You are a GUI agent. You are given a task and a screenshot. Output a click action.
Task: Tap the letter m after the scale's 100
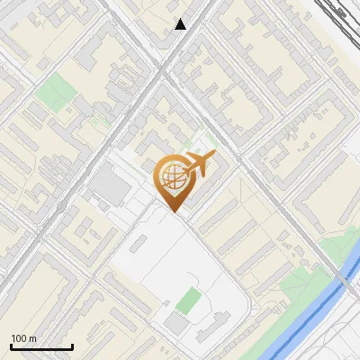32,338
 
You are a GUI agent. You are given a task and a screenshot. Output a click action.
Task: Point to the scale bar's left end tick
11,346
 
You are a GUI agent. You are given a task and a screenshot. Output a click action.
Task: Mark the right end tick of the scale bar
72,346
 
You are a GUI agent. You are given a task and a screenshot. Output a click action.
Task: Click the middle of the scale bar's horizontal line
41,347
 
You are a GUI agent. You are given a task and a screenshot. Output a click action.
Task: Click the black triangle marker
181,24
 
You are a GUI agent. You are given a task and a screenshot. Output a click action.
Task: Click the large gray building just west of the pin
111,187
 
